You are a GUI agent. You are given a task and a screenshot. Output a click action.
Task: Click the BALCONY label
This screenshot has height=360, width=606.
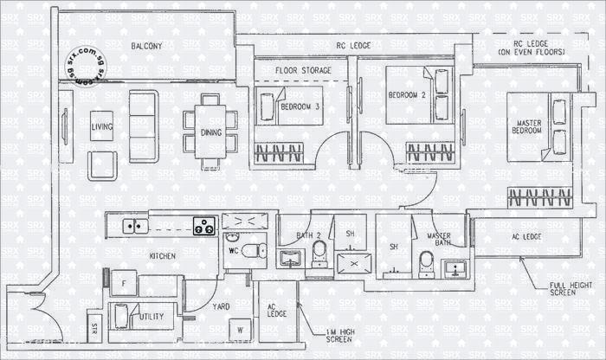coord(147,46)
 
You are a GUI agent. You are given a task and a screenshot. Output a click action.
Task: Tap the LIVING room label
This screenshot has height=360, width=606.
coord(102,127)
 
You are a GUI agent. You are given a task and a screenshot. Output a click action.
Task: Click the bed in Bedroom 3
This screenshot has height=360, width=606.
coord(288,106)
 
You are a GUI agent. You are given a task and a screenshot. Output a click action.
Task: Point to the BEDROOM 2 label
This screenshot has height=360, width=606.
coord(406,94)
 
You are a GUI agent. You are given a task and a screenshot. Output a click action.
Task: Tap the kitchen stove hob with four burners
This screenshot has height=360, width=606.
coord(204,227)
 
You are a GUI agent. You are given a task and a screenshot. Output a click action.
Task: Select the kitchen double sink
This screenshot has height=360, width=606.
coord(134,227)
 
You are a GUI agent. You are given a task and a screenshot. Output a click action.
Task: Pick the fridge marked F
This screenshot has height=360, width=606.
coord(126,283)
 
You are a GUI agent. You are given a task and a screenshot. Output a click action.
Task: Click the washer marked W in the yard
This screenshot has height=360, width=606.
coord(239,329)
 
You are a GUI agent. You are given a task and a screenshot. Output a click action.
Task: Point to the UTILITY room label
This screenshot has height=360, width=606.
coord(151,318)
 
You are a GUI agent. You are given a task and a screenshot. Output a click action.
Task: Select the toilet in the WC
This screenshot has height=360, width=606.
coord(252,250)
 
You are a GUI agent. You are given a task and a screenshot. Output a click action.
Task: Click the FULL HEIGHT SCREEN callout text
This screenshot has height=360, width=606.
coord(567,291)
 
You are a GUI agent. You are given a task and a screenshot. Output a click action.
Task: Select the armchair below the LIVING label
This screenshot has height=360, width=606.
coord(102,164)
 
